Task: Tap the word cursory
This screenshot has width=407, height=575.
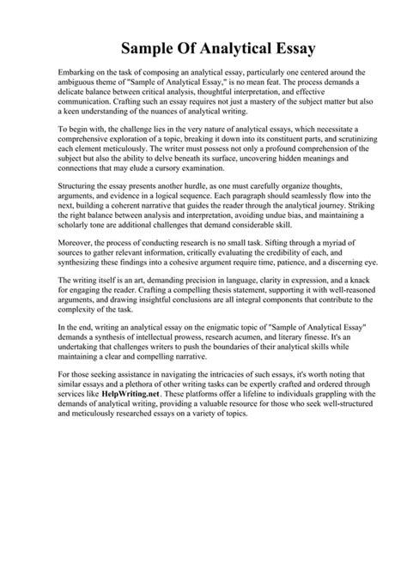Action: click(x=200, y=168)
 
